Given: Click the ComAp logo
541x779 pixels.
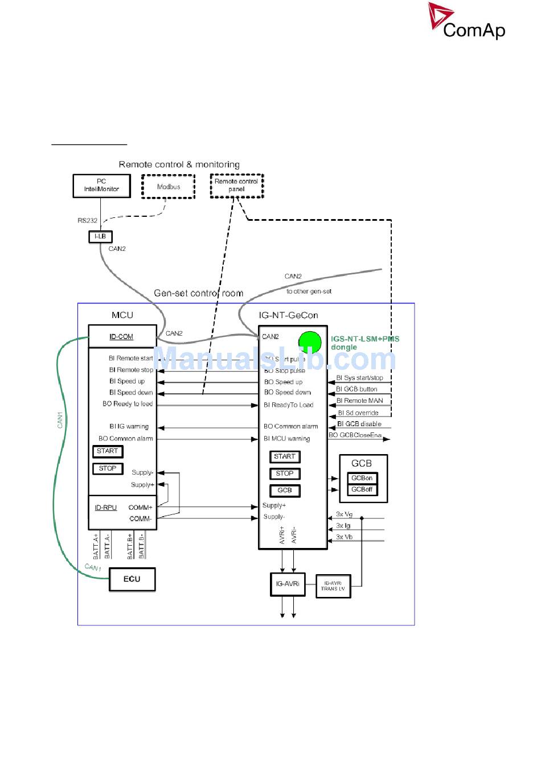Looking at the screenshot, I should pyautogui.click(x=467, y=22).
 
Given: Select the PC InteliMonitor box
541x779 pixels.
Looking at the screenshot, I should pyautogui.click(x=101, y=186).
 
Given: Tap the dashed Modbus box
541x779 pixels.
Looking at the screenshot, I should pyautogui.click(x=169, y=187).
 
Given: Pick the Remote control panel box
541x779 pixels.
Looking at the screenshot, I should pyautogui.click(x=236, y=186).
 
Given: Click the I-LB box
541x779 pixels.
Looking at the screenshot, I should pyautogui.click(x=100, y=237).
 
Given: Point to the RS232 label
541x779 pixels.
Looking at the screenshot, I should pyautogui.click(x=88, y=221).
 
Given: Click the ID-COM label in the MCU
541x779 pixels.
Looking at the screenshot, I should pyautogui.click(x=121, y=337).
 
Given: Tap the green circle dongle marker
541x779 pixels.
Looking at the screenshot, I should pyautogui.click(x=310, y=341).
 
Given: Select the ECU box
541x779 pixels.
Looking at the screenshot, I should pyautogui.click(x=132, y=579).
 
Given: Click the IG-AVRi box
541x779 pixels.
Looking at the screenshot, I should pyautogui.click(x=288, y=584).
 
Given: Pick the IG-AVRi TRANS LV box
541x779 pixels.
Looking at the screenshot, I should pyautogui.click(x=333, y=586).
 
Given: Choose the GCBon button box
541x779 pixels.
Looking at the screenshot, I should pyautogui.click(x=362, y=479).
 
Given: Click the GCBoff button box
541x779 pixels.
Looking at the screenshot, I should pyautogui.click(x=362, y=490).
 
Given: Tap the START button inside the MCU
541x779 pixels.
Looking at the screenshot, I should pyautogui.click(x=108, y=451).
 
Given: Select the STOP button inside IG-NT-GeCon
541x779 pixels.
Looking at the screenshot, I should pyautogui.click(x=285, y=473).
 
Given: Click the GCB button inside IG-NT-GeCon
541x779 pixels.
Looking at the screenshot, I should pyautogui.click(x=285, y=491).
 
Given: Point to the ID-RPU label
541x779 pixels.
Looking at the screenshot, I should pyautogui.click(x=106, y=508).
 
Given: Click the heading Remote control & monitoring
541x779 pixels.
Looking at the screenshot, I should pyautogui.click(x=179, y=164).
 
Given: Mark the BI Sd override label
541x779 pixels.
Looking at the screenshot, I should pyautogui.click(x=358, y=413).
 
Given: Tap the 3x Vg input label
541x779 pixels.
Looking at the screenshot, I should pyautogui.click(x=344, y=514).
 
